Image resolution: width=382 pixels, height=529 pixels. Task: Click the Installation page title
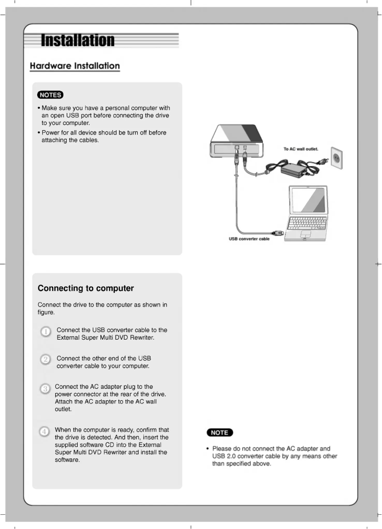point(78,40)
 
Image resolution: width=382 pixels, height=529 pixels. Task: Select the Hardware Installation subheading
point(74,66)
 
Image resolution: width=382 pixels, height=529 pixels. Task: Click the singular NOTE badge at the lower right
point(220,433)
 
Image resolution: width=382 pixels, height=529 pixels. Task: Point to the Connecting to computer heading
point(86,289)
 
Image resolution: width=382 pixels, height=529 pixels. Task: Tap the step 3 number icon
point(44,389)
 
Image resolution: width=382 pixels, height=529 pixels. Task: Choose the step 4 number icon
point(44,432)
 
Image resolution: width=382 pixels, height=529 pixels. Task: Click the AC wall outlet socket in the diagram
point(337,158)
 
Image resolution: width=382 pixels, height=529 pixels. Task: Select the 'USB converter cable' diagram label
point(249,239)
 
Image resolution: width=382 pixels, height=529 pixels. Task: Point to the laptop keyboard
point(308,223)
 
